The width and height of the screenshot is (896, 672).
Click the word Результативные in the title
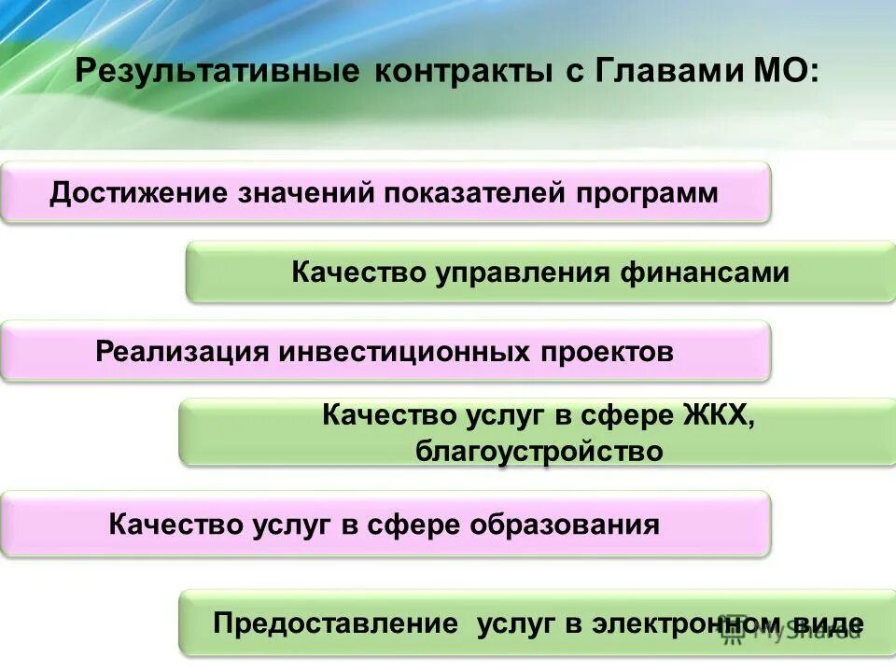217,73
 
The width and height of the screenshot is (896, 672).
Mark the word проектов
608,352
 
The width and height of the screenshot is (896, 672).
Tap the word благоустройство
539,452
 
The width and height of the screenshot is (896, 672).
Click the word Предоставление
335,623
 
